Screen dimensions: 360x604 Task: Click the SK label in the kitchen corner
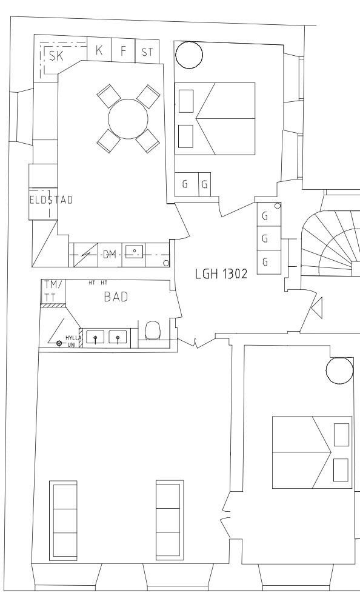pos(56,56)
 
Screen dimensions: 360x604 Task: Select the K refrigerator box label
pos(99,50)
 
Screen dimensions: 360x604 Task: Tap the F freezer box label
pos(123,51)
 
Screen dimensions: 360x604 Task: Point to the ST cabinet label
pos(147,52)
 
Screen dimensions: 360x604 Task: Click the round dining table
pos(128,119)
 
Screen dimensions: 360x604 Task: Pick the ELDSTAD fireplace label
pos(51,200)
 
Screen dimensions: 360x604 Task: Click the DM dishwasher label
pos(110,254)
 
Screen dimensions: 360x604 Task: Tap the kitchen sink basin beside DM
pos(135,251)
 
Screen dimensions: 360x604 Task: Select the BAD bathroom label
pos(116,297)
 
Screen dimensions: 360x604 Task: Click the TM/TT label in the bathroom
pos(53,291)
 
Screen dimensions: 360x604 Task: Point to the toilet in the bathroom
pos(153,330)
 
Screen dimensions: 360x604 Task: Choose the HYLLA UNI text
pos(73,341)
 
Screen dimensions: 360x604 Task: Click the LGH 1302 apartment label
pos(221,274)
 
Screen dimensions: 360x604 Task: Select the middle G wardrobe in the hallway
pos(268,239)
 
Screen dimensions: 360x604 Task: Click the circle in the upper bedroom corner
pos(189,55)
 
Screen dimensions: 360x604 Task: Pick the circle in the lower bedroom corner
pos(339,371)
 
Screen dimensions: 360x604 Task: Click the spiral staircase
pos(330,243)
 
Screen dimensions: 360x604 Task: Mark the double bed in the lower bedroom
pos(312,452)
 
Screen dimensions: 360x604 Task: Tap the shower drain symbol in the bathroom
pos(59,343)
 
